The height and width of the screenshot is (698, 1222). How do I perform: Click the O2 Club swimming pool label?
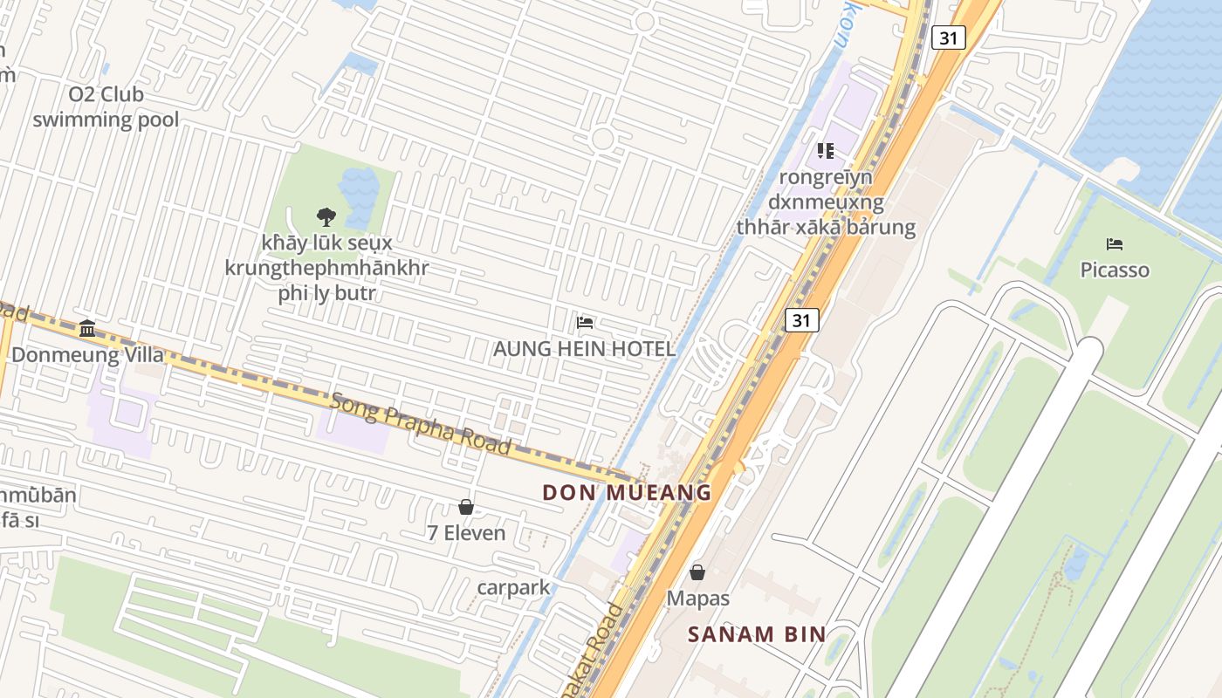[x=106, y=106]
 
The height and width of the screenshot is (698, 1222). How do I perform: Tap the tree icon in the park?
[x=326, y=216]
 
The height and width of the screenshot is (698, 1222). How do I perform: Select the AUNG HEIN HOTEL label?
[x=584, y=349]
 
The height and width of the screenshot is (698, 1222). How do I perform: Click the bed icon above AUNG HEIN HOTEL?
[x=585, y=323]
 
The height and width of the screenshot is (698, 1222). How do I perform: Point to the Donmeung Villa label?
[x=87, y=355]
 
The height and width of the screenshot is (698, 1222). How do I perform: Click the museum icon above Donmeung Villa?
[x=87, y=329]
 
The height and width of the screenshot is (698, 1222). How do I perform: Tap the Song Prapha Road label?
[x=421, y=423]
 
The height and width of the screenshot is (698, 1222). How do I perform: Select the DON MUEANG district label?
[x=627, y=492]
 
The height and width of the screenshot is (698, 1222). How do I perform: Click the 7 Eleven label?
[x=466, y=532]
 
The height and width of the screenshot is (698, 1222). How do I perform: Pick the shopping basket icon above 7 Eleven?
[x=466, y=506]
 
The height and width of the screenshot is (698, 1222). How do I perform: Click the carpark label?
[x=513, y=587]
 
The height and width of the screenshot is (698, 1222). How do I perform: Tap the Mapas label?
[x=697, y=599]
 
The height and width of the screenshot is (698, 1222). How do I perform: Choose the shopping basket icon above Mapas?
[x=697, y=572]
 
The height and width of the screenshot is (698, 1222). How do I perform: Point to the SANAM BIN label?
[x=756, y=634]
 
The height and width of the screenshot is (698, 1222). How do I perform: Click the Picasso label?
[x=1115, y=270]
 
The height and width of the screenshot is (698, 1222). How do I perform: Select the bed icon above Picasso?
[x=1115, y=243]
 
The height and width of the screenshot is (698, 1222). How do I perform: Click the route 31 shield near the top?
[x=948, y=38]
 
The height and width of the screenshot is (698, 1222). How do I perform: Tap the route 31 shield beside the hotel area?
[x=801, y=320]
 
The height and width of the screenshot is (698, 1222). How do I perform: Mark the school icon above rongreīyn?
[x=826, y=151]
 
